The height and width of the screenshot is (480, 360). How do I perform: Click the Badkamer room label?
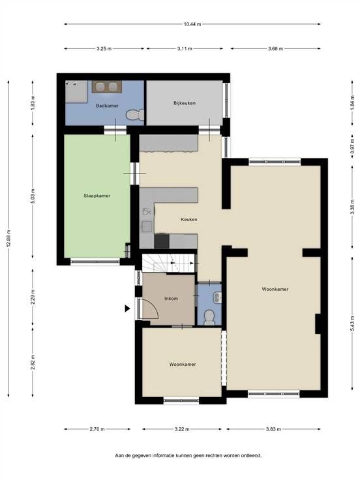(x=107, y=106)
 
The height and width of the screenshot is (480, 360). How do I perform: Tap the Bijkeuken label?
(x=185, y=103)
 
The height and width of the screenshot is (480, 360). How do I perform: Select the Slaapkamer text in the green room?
(x=97, y=196)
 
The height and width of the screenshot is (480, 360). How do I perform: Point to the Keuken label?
(x=189, y=219)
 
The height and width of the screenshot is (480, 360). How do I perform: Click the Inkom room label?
(x=171, y=298)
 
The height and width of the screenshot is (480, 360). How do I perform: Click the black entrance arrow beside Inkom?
(x=127, y=308)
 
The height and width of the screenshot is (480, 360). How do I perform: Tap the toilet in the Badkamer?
(x=135, y=115)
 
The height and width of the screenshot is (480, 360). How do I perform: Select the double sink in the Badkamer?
(x=107, y=87)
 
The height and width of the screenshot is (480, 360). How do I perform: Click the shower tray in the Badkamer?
(x=76, y=91)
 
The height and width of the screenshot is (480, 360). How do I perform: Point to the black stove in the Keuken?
(x=162, y=241)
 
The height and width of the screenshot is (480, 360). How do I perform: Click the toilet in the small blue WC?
(x=209, y=317)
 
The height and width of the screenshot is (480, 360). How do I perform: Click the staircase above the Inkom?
(x=169, y=263)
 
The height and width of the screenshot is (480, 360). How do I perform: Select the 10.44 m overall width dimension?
(x=192, y=24)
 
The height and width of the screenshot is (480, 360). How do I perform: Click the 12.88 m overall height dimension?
(x=8, y=239)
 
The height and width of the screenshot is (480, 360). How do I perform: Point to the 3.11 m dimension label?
(x=185, y=48)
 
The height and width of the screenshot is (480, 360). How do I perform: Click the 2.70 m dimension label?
(x=97, y=429)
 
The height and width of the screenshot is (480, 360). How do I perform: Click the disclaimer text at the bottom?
(x=188, y=455)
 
